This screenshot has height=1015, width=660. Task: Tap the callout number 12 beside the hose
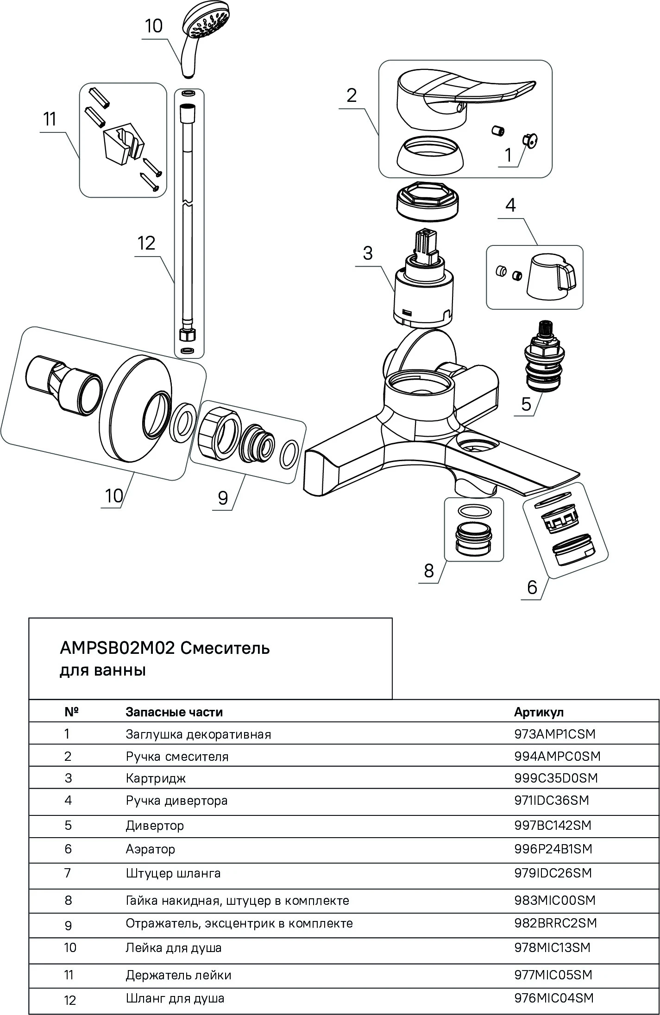click(146, 243)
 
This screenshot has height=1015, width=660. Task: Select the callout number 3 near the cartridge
click(367, 253)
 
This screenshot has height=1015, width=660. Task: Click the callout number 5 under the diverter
click(526, 404)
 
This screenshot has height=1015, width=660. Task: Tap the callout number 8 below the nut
click(429, 571)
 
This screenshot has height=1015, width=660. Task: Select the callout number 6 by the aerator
click(532, 588)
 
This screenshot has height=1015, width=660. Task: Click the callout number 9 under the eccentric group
click(223, 498)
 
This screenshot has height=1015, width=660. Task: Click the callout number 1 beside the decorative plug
click(508, 155)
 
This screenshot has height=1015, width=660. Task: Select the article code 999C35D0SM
click(556, 778)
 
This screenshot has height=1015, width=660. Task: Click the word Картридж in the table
click(156, 778)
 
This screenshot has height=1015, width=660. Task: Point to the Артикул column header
click(539, 712)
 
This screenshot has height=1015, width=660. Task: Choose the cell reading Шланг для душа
click(175, 998)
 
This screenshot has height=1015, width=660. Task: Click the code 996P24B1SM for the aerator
click(553, 849)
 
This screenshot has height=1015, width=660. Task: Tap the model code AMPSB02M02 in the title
click(117, 648)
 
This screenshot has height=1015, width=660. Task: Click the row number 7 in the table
click(68, 873)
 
